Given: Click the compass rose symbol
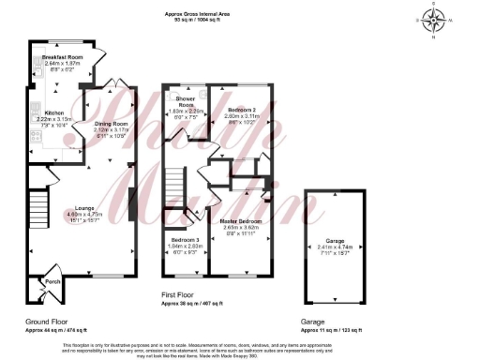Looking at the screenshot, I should [x=432, y=18].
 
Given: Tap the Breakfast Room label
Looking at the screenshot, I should [x=64, y=57].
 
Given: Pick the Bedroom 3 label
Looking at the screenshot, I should [x=185, y=241].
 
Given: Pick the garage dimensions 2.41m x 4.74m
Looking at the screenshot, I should [x=335, y=246].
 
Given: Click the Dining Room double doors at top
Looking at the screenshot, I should [x=113, y=83].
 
